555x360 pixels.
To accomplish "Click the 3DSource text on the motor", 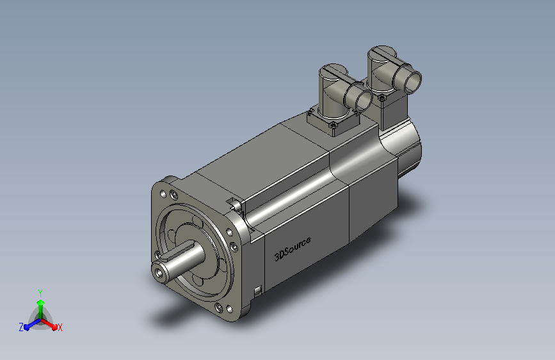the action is coord(293,249).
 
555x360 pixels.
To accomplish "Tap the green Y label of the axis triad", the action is coord(40,293).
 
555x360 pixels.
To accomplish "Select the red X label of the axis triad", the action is coord(60,327).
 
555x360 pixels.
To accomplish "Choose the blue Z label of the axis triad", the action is coord(21,327).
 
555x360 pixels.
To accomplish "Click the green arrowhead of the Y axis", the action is coord(40,302).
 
